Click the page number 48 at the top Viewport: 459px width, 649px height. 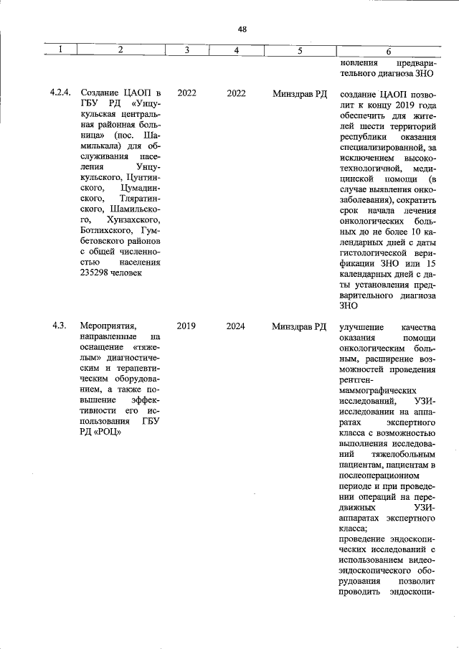242,29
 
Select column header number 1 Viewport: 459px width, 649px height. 60,50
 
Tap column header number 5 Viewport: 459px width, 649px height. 299,50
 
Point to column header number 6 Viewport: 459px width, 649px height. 388,51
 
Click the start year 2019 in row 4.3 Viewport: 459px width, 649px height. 186,326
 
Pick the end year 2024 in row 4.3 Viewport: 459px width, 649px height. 236,326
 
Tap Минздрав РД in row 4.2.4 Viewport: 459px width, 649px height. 299,93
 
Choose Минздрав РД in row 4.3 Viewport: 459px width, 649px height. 299,326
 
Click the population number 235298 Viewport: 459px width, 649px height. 96,273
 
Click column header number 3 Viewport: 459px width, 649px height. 186,50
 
